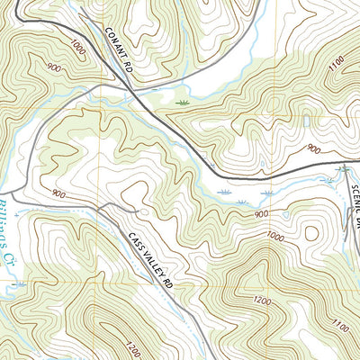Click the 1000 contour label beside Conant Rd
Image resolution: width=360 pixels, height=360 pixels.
tap(78, 49)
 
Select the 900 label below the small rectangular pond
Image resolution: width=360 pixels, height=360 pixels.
tap(313, 148)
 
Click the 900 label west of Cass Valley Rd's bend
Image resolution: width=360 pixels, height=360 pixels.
tap(60, 194)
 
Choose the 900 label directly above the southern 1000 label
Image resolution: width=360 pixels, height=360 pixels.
tap(262, 213)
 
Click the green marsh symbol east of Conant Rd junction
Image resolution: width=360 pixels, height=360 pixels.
tap(184, 103)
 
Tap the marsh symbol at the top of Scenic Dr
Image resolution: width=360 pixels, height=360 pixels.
tap(342, 168)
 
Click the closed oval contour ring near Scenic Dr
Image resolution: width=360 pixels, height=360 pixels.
tap(310, 234)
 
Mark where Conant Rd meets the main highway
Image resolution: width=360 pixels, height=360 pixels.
tap(135, 89)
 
